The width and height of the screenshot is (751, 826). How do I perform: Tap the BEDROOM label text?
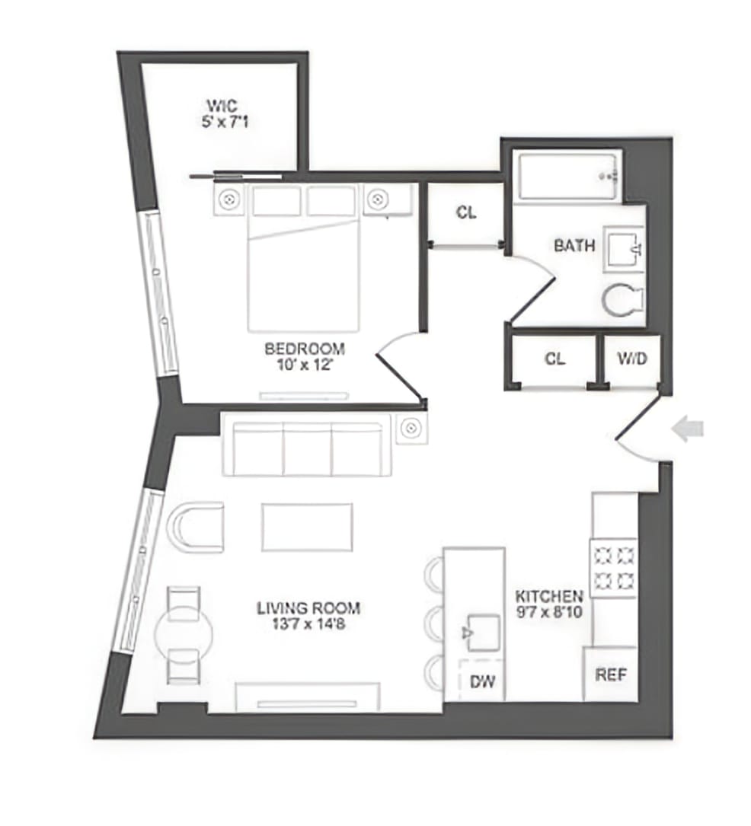click(x=304, y=349)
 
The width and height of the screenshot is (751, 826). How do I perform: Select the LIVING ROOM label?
click(x=308, y=608)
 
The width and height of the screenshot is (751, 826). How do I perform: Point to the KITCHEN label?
click(x=549, y=596)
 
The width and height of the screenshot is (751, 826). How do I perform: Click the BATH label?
click(x=574, y=246)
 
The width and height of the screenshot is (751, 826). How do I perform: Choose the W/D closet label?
click(x=631, y=359)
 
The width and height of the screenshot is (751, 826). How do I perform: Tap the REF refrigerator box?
click(x=610, y=675)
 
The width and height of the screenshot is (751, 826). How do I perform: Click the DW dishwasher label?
click(x=482, y=681)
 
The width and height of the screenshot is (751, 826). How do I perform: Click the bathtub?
click(x=567, y=176)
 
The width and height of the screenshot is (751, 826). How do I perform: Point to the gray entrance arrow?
click(x=687, y=430)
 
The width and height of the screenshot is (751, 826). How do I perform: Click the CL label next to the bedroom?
click(x=466, y=213)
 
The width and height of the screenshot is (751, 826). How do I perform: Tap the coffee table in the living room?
click(x=307, y=527)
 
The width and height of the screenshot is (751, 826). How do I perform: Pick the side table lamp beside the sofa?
click(x=411, y=428)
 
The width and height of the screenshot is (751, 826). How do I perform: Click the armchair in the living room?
click(x=196, y=527)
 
